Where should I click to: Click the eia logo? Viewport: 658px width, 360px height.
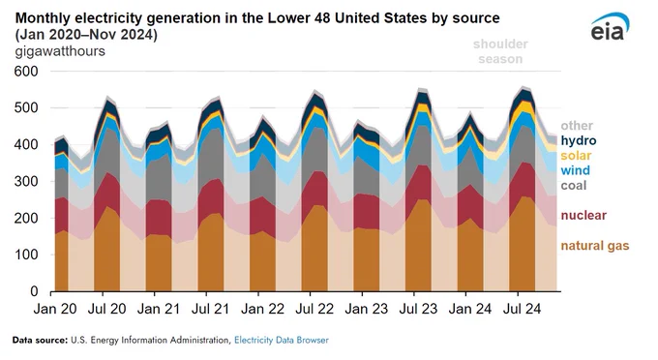611,27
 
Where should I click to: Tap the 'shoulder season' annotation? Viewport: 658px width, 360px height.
500,51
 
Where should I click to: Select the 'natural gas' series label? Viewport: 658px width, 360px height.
595,246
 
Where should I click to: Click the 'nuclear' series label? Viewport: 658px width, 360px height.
583,215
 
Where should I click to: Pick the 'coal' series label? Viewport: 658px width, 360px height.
574,186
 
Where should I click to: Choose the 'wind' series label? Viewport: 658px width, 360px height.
576,170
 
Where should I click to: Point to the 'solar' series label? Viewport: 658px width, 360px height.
576,156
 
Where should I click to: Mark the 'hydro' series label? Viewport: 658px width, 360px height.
579,140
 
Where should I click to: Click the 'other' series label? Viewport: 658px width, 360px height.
577,126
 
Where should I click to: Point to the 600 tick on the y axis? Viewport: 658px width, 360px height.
26,72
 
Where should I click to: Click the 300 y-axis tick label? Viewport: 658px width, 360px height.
26,181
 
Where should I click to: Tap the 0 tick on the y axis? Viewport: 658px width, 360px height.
34,291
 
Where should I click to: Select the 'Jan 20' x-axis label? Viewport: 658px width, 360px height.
55,310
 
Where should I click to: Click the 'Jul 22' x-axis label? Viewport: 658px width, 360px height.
314,310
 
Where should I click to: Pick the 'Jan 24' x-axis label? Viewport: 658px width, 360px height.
470,310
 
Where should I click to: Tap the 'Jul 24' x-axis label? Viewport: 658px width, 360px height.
522,310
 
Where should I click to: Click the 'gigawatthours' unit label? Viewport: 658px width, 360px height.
60,51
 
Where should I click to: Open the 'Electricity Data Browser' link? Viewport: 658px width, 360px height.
282,340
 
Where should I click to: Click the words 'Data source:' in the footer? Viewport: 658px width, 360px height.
40,340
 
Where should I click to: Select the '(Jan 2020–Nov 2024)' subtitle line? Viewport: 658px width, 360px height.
86,35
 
